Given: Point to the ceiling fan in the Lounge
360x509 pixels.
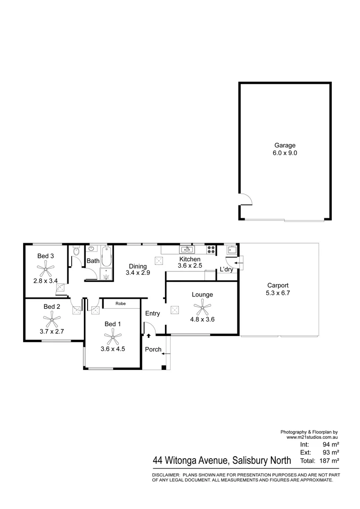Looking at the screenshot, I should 202,310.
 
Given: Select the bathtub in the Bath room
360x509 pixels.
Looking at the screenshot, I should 106,256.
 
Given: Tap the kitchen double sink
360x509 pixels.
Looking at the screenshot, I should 186,250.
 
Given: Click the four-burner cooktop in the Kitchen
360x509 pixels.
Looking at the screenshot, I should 211,250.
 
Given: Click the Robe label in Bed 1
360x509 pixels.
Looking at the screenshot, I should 121,304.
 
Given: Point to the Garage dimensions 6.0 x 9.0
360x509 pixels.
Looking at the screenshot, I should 285,153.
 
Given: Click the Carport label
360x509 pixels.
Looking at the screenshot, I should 278,285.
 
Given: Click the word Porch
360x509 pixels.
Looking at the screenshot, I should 153,350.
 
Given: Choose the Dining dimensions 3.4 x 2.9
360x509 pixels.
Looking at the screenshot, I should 138,273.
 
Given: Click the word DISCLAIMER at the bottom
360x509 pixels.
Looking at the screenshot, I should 165,475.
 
